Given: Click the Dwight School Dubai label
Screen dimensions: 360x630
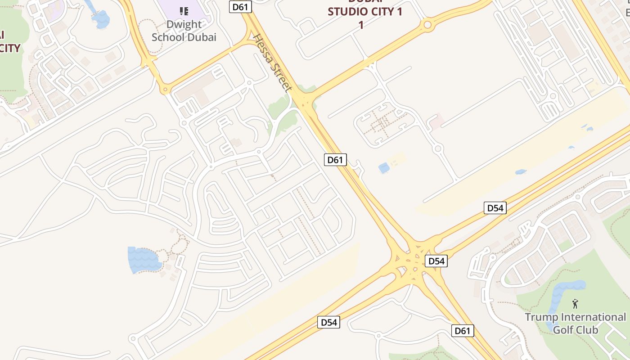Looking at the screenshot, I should coord(184,31).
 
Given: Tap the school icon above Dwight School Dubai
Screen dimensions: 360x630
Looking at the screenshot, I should coord(184,11).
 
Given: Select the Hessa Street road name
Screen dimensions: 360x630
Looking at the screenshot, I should coord(273,63).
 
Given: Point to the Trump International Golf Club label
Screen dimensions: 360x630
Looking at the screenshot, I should coord(575,323).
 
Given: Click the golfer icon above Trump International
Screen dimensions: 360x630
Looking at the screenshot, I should coord(575,304).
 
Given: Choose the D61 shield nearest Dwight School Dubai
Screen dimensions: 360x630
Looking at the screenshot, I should coord(240,7).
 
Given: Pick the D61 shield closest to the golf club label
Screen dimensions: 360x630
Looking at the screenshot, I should coord(463,331).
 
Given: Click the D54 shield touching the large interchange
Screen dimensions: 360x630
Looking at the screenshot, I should coord(436,261).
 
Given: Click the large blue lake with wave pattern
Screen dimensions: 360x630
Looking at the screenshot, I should coord(143,260).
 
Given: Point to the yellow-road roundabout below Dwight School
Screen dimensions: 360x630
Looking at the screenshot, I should coord(166,90).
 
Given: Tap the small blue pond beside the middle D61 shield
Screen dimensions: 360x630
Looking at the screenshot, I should coord(384,168).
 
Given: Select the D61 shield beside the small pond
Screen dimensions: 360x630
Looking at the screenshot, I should coord(335,159).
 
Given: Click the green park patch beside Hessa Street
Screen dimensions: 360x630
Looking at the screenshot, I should coord(282,112).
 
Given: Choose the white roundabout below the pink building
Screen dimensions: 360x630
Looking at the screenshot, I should coord(438,148).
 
